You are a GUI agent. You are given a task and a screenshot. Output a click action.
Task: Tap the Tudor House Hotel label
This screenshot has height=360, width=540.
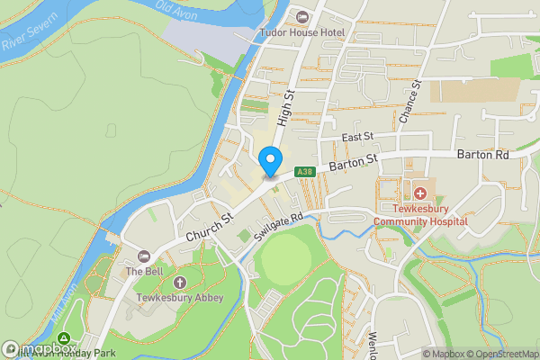pyautogui.click(x=301, y=32)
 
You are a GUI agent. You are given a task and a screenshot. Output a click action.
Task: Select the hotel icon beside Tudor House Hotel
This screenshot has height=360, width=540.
pyautogui.click(x=301, y=17)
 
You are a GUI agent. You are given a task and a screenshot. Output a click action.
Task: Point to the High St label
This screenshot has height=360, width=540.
pyautogui.click(x=286, y=106)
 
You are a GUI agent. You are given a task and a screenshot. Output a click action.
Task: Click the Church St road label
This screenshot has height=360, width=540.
pyautogui.click(x=210, y=226)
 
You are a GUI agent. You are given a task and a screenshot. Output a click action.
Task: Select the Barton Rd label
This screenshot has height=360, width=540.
pyautogui.click(x=483, y=155)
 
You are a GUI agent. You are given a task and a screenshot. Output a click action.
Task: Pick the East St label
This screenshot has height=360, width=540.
pyautogui.click(x=357, y=137)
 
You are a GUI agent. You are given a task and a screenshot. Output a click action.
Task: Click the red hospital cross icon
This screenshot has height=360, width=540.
pyautogui.click(x=420, y=193)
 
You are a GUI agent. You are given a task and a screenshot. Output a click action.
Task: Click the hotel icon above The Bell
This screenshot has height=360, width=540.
pyautogui.click(x=144, y=256)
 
